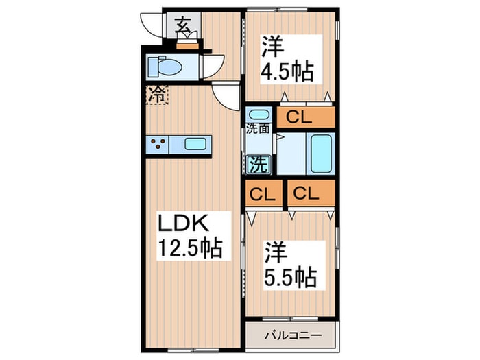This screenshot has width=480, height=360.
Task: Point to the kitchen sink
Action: tap(195, 144)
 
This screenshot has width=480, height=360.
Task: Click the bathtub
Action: tap(322, 154)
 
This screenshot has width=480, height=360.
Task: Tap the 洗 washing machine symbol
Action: tap(259, 164)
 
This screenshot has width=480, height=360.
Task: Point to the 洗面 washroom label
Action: tap(258, 128)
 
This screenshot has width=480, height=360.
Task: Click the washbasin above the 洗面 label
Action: tap(258, 114)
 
